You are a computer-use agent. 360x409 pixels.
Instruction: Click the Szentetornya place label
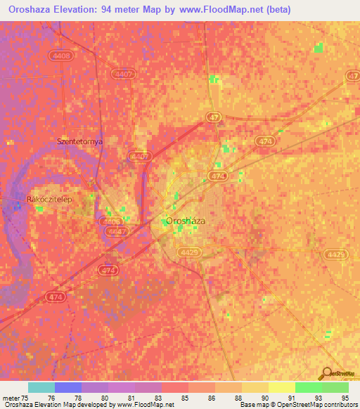point(79,141)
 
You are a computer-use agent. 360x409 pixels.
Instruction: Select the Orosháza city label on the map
point(186,221)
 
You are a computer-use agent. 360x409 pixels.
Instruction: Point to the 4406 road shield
point(111,221)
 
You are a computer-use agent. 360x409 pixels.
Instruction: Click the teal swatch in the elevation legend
point(41,387)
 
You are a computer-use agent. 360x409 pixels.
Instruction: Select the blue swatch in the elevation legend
point(68,387)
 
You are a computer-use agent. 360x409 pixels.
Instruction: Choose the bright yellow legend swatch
point(281,387)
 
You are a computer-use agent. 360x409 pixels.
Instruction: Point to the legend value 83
point(148,398)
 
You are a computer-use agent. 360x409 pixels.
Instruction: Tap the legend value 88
point(228,398)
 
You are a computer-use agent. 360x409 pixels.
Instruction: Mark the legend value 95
point(335,398)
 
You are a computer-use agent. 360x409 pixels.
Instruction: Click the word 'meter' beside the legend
point(10,398)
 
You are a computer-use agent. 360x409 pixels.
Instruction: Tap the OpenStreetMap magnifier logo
point(327,375)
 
